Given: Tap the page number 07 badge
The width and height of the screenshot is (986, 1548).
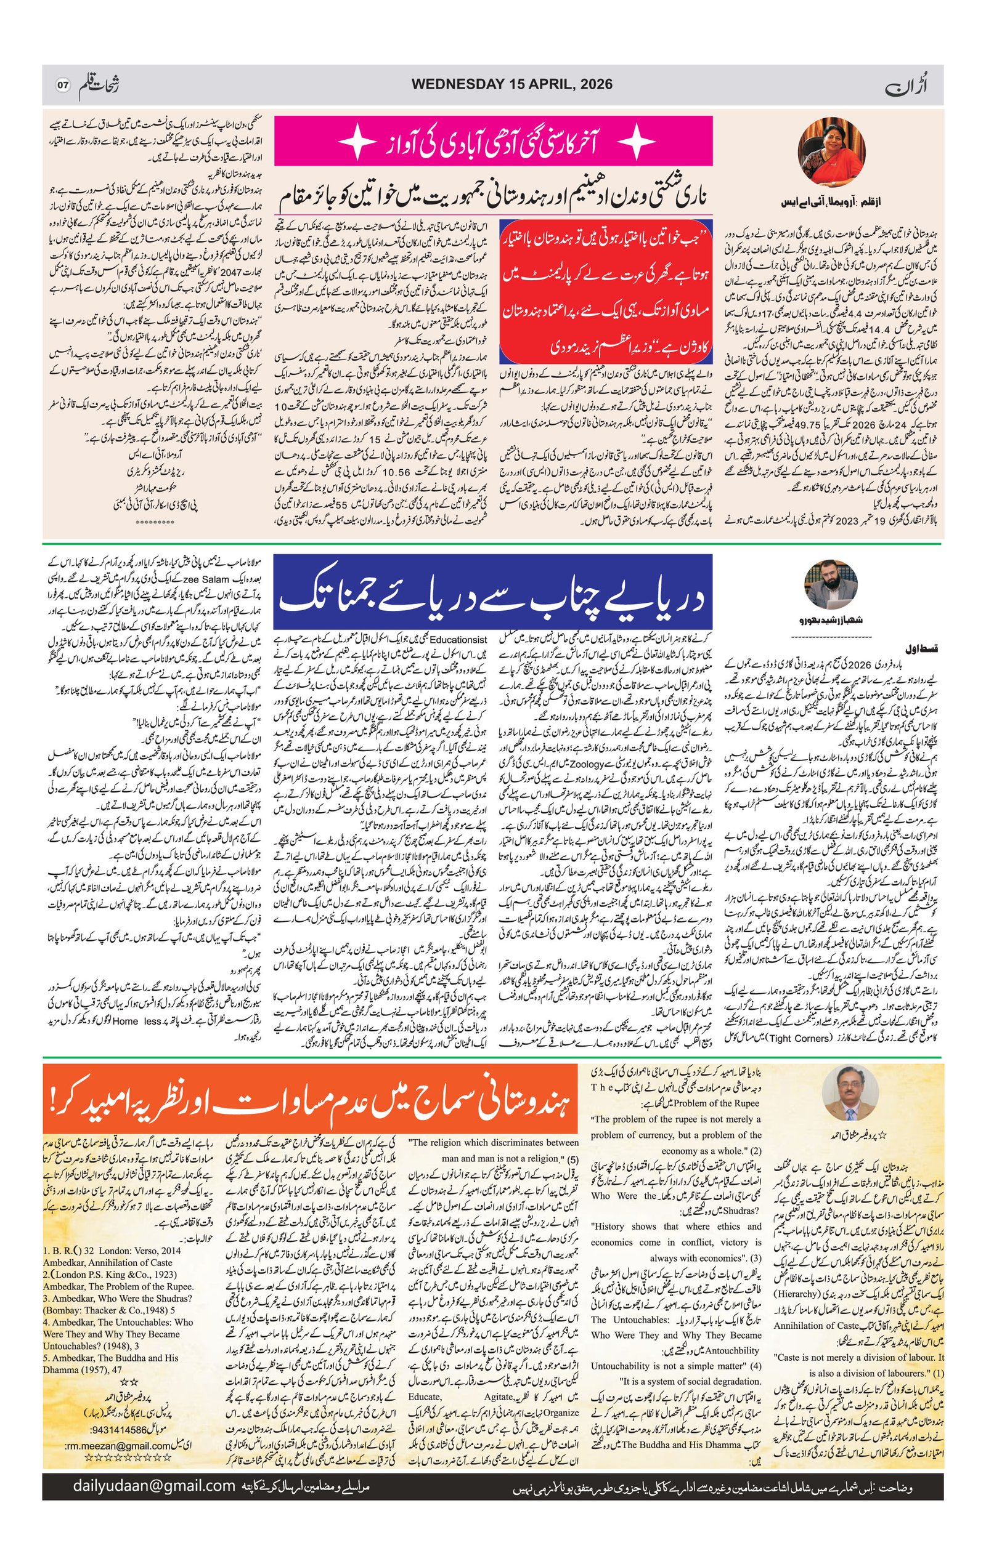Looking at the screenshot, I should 62,85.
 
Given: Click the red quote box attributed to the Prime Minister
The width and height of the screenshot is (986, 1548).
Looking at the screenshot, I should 606,291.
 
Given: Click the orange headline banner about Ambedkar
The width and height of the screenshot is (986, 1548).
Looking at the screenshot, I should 310,1100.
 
